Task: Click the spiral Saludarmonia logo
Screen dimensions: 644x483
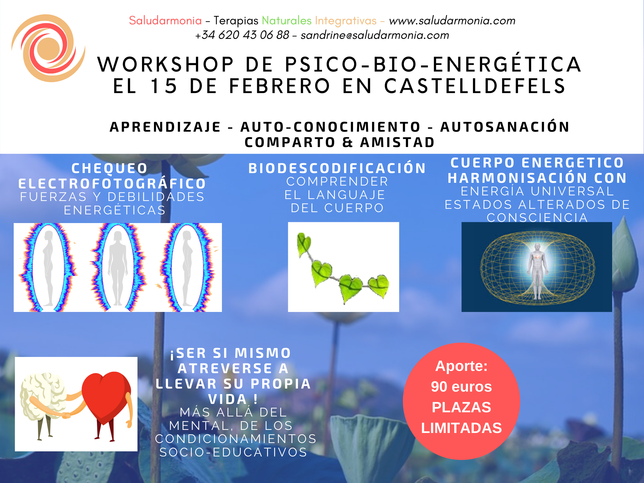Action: [x=48, y=48]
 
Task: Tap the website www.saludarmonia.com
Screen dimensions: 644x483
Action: [x=452, y=21]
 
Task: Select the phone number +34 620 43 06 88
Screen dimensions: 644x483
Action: [x=242, y=35]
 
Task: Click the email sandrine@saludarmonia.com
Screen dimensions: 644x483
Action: [x=375, y=35]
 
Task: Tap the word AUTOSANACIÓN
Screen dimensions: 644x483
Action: [x=505, y=127]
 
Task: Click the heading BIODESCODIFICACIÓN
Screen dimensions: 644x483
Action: [x=337, y=168]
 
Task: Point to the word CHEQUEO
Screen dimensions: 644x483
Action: [x=110, y=168]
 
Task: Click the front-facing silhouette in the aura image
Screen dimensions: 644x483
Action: [x=118, y=268]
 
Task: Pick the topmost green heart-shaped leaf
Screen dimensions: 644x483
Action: [x=304, y=243]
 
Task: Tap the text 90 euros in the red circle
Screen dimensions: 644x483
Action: [x=461, y=387]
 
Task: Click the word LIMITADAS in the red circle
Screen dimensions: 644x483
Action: [x=461, y=428]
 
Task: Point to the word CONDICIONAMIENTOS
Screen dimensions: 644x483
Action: [x=236, y=439]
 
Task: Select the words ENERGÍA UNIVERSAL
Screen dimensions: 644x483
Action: [x=538, y=191]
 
